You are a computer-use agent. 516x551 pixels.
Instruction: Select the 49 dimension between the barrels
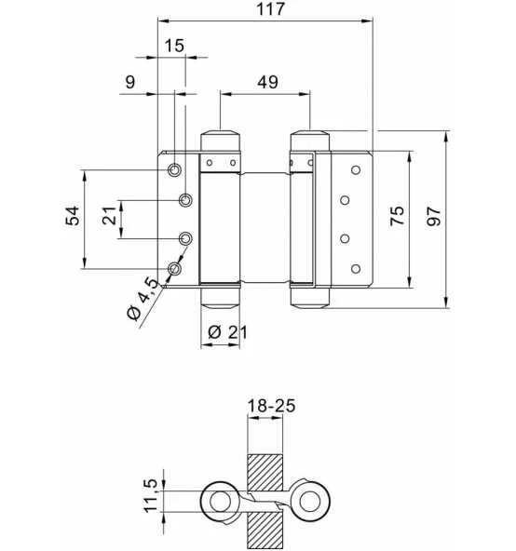266,81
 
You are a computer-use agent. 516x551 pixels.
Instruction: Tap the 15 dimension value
173,46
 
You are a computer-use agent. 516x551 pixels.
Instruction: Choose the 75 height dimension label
398,217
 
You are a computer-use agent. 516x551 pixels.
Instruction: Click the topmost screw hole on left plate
174,170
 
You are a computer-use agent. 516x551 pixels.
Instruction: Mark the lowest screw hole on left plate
174,270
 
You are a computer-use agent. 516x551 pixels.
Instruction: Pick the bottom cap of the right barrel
309,297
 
